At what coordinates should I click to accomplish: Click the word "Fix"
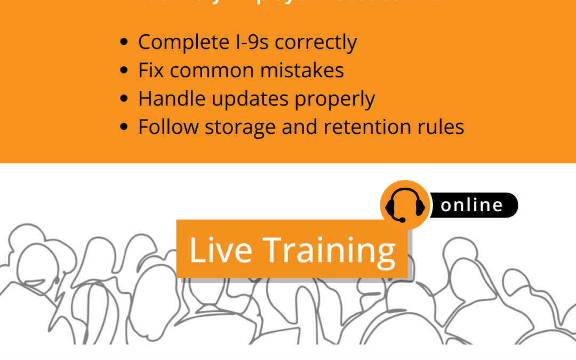150,70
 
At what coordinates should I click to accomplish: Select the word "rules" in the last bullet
442,127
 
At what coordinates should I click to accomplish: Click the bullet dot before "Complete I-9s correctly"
124,43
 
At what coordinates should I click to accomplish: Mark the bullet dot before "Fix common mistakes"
124,71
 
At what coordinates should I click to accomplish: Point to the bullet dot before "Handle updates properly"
124,99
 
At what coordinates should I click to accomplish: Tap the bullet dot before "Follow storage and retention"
124,127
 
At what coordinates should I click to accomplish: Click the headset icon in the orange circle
405,205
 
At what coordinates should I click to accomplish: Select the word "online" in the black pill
472,205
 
